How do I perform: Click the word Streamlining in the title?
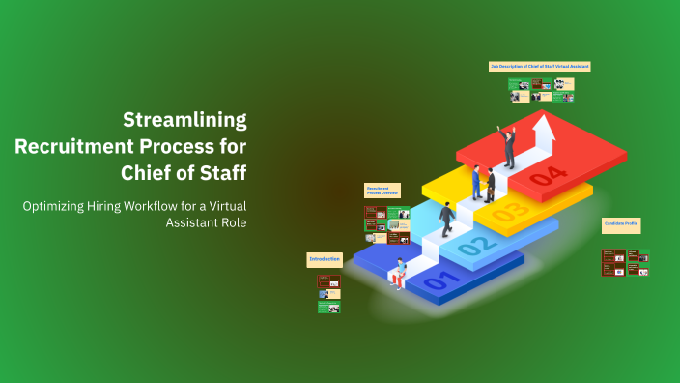tap(184, 120)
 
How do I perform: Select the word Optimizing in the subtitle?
tap(62, 205)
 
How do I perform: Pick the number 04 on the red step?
tap(547, 176)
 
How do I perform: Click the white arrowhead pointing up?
tap(545, 125)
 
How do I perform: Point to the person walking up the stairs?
tap(447, 220)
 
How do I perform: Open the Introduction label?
tap(325, 259)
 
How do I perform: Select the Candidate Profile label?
tap(621, 224)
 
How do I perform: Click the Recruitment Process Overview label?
tap(382, 191)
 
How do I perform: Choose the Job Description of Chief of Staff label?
tap(539, 66)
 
